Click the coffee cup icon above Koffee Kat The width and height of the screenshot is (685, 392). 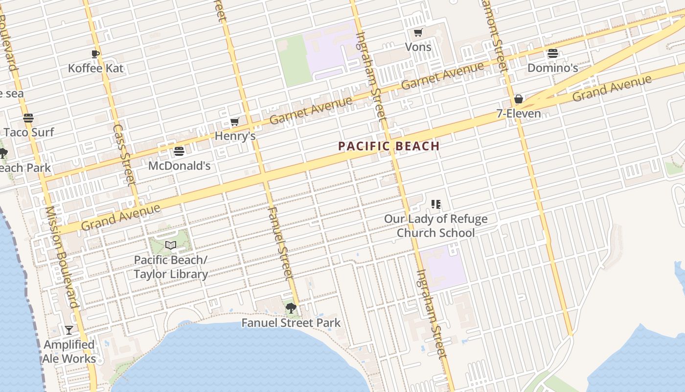(95, 54)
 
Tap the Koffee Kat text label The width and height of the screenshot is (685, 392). (95, 68)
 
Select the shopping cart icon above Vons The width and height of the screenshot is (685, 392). (418, 33)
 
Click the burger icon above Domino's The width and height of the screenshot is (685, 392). (553, 54)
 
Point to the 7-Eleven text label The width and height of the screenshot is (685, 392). (519, 114)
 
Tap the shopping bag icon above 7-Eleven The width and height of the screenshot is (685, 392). (519, 99)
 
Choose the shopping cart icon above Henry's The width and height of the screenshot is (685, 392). (235, 122)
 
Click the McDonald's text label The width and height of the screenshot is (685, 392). (179, 166)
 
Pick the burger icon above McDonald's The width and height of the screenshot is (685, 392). (179, 151)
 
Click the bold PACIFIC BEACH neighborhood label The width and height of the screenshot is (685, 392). (389, 146)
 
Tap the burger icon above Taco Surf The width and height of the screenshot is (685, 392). (28, 118)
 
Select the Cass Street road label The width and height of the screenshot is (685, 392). (124, 155)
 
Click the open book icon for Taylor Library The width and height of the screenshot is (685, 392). (170, 245)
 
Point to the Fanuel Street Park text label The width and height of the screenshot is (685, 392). (291, 323)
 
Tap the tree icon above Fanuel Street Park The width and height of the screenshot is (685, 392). (291, 308)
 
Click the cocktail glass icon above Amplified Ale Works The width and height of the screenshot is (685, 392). (69, 330)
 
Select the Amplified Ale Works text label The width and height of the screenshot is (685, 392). (69, 352)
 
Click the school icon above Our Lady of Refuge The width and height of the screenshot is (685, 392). (435, 204)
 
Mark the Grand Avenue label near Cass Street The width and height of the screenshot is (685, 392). (120, 217)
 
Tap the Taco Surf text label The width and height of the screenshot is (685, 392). (29, 132)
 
